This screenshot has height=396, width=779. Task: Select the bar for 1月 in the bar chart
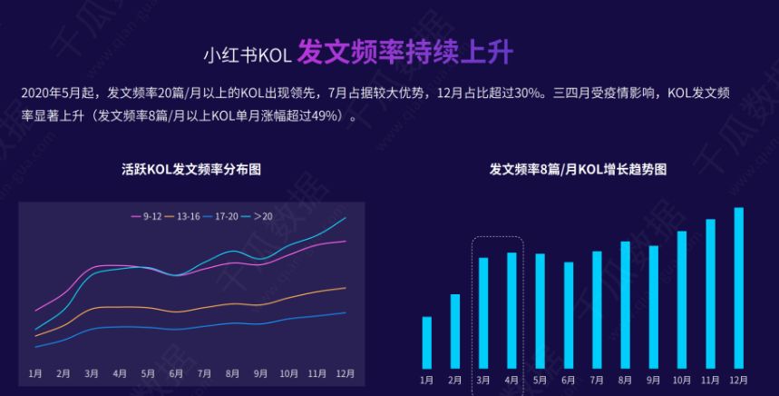click(427, 342)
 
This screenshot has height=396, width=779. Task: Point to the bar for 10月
click(682, 299)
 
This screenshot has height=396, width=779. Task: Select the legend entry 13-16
click(188, 216)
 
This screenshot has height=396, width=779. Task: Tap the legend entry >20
click(262, 216)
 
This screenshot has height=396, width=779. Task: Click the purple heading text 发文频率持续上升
click(404, 53)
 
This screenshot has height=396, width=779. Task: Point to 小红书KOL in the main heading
click(246, 55)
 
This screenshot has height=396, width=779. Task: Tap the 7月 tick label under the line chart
click(204, 373)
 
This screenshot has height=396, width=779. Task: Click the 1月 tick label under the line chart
click(35, 373)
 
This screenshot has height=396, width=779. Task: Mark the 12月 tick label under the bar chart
click(738, 379)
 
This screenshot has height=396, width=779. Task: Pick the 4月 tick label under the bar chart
click(511, 379)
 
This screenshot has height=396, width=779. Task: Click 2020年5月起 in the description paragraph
click(59, 94)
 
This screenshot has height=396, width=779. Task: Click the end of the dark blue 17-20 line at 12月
click(346, 312)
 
